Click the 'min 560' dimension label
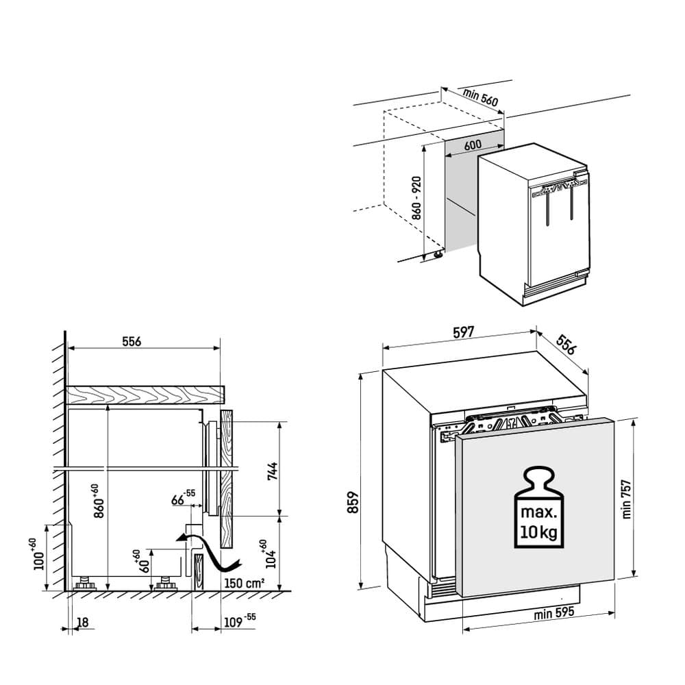pyautogui.click(x=480, y=99)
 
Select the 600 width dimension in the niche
pyautogui.click(x=471, y=145)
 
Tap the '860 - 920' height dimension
pyautogui.click(x=416, y=197)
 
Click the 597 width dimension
pyautogui.click(x=463, y=334)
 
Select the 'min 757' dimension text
pyautogui.click(x=627, y=497)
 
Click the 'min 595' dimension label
pyautogui.click(x=553, y=614)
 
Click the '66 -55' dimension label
pyautogui.click(x=182, y=497)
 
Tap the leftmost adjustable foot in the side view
pyautogui.click(x=86, y=584)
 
